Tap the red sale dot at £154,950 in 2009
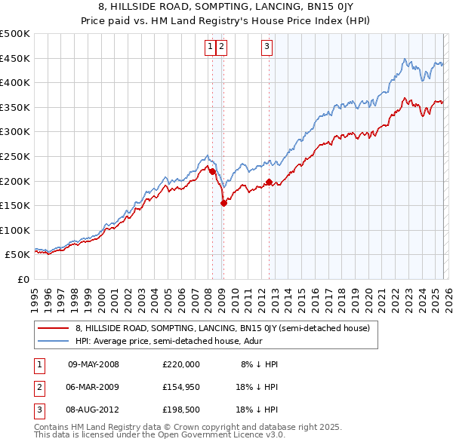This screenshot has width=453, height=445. (223, 202)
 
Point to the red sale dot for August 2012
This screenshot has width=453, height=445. (269, 181)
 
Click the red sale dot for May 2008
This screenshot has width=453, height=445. (212, 171)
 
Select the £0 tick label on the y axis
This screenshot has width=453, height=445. (23, 279)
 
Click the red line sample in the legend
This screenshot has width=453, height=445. (53, 329)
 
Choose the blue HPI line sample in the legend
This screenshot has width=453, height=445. (53, 341)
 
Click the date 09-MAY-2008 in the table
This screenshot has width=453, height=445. (94, 364)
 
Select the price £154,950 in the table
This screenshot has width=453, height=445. (181, 389)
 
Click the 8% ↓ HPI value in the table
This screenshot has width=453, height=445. (259, 364)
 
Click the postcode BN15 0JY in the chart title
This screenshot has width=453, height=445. (324, 6)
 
